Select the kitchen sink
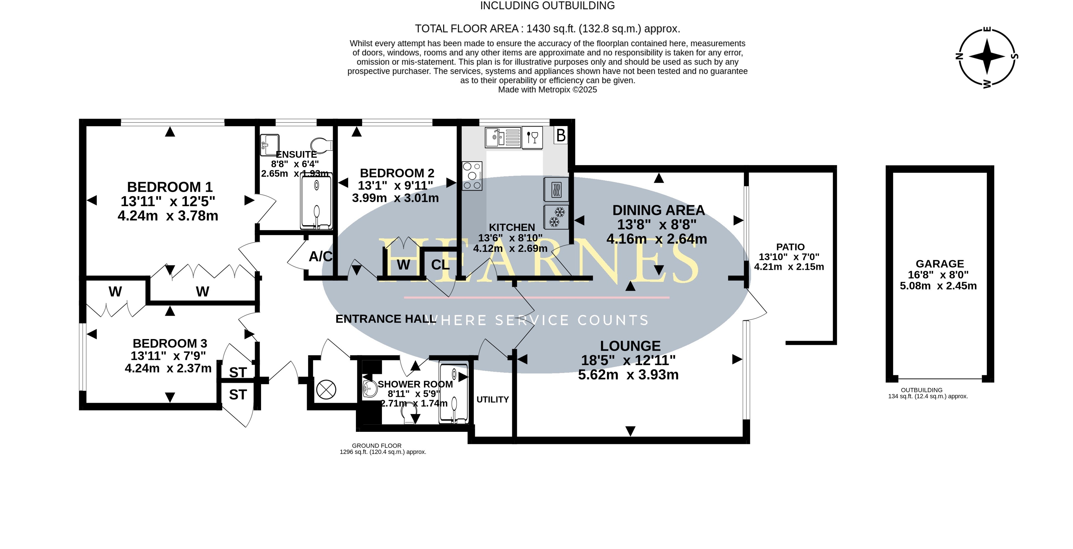click(503, 137)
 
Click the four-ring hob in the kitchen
click(472, 176)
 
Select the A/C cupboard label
click(320, 256)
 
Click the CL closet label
click(440, 265)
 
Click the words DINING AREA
click(659, 210)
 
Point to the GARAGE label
click(940, 264)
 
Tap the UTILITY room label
click(492, 399)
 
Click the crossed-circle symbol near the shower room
click(326, 390)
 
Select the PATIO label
click(790, 247)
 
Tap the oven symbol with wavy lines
click(556, 190)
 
